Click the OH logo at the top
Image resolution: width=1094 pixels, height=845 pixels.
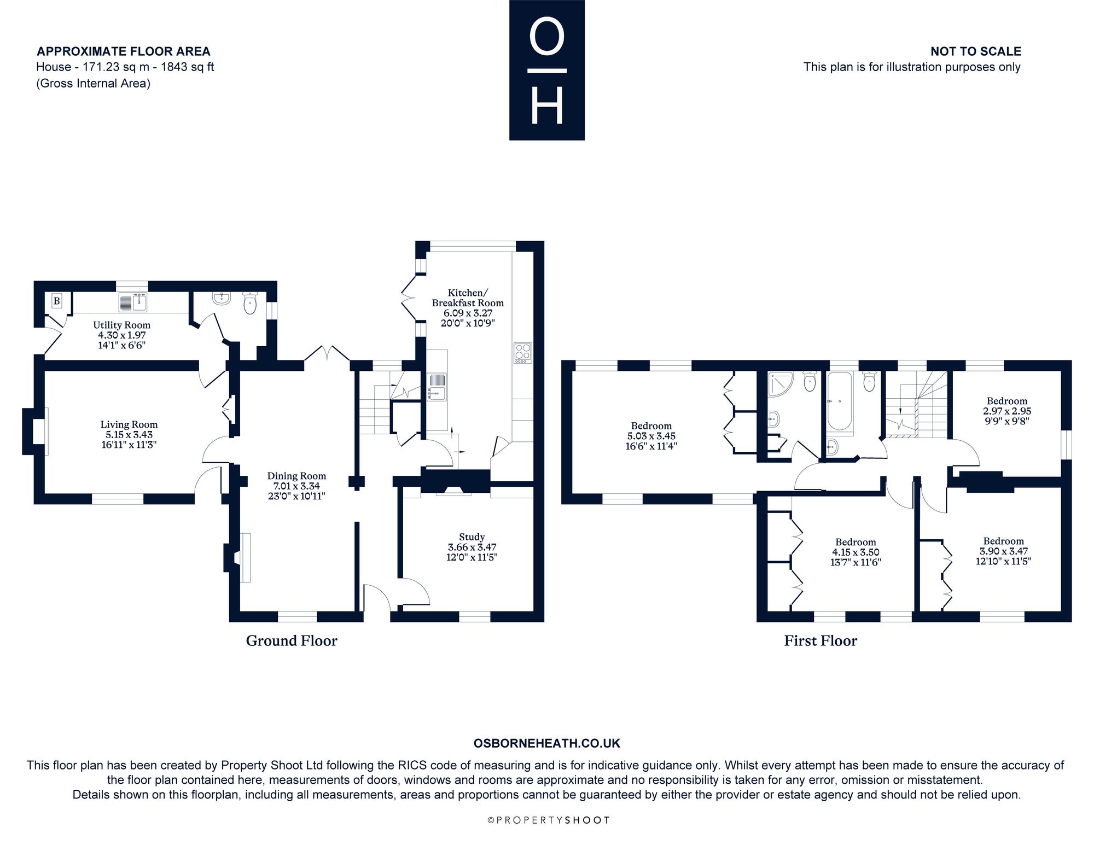tap(547, 70)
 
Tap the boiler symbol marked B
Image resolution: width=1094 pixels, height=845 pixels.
tap(56, 301)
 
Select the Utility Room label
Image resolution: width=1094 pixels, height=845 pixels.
tap(121, 325)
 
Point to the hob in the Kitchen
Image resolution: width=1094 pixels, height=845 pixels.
tap(522, 353)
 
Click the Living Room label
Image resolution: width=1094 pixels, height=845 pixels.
tap(129, 424)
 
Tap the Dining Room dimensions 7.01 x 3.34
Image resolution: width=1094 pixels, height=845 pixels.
tap(296, 486)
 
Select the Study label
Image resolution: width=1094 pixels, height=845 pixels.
tap(472, 537)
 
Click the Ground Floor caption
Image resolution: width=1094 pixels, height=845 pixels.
tap(292, 640)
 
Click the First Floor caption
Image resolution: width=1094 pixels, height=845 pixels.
tap(821, 640)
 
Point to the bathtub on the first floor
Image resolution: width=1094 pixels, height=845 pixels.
tap(839, 403)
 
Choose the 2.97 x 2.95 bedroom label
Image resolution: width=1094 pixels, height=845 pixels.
tap(1007, 411)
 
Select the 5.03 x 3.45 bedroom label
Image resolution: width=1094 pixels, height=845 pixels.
tap(651, 436)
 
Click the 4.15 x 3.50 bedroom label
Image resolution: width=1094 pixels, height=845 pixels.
tap(856, 552)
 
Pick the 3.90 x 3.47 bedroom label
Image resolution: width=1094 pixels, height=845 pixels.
tap(1003, 551)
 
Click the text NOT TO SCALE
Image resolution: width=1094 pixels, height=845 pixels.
tap(976, 51)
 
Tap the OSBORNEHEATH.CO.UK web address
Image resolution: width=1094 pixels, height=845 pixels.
tap(547, 743)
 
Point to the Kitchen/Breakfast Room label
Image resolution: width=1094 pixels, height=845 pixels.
tap(468, 298)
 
